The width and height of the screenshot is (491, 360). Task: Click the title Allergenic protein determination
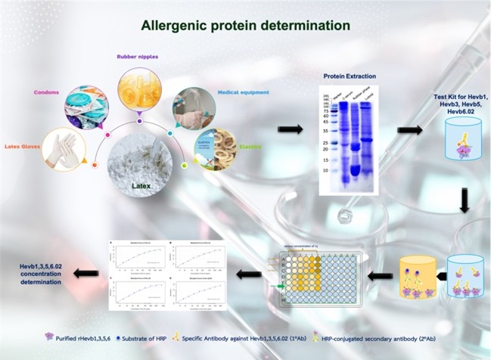(x=245, y=26)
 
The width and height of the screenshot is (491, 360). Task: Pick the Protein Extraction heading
(x=349, y=76)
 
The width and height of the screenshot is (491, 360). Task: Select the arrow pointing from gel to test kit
(x=409, y=130)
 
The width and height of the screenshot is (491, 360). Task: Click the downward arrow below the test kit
(x=464, y=200)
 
